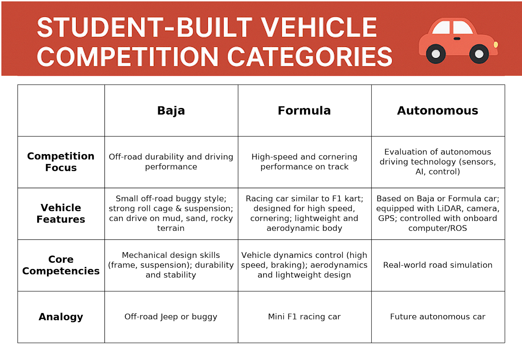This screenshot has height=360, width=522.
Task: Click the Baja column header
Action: (x=171, y=111)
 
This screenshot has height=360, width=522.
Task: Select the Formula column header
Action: (x=304, y=111)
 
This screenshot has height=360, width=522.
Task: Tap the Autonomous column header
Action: (x=438, y=111)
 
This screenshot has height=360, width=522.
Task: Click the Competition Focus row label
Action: (x=61, y=162)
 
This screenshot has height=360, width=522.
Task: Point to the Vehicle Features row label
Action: (x=61, y=213)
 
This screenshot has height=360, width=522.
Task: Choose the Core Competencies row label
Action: (x=61, y=265)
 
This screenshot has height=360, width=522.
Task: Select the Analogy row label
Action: (x=61, y=317)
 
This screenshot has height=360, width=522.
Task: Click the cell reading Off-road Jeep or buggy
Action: (x=171, y=317)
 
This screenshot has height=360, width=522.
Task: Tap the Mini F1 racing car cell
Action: (x=304, y=317)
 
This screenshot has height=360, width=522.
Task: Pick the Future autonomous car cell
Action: (x=438, y=317)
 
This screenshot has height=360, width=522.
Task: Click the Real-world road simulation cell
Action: (x=438, y=265)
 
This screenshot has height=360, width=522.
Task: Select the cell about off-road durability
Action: (x=171, y=162)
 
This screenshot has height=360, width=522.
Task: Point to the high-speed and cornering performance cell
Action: (x=304, y=162)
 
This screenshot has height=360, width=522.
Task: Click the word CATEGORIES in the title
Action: (x=310, y=57)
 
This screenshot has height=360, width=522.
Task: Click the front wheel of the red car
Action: (x=479, y=54)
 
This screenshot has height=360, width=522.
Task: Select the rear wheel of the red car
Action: (x=436, y=54)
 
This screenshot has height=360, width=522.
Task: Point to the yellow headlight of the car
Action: (x=496, y=44)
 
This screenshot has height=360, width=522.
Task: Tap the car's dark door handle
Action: (x=457, y=39)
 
